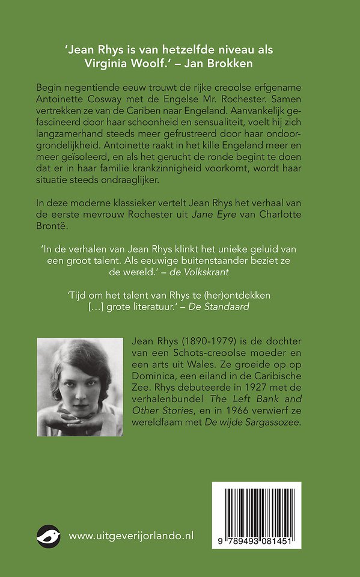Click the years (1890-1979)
click(206, 343)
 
